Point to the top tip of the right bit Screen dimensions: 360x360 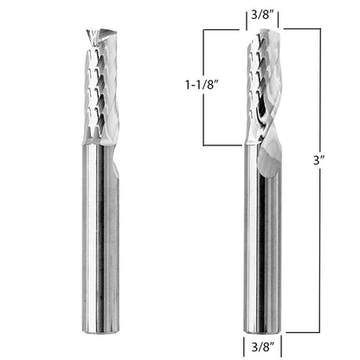(x=259, y=32)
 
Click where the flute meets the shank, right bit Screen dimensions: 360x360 (x=260, y=145)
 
